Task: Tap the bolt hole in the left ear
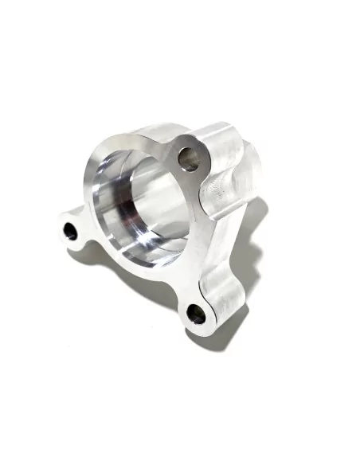(x=71, y=232)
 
